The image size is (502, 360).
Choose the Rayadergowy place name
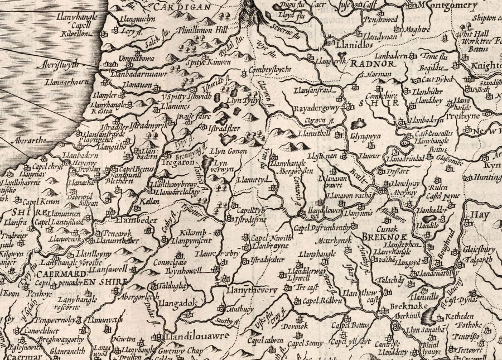(x=320, y=105)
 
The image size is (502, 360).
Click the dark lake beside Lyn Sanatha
(x=429, y=318)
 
